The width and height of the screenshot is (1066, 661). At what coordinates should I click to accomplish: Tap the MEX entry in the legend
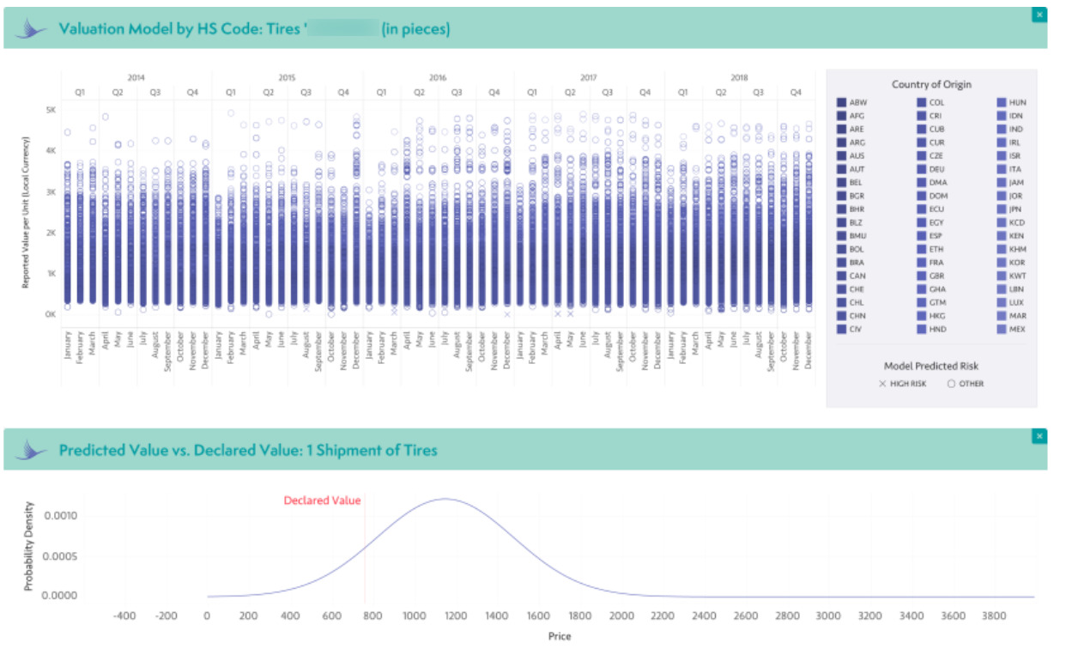[x=1017, y=330]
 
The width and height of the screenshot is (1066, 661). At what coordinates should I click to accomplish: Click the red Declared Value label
[x=322, y=500]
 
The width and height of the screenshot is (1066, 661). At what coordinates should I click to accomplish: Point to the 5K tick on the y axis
[x=51, y=111]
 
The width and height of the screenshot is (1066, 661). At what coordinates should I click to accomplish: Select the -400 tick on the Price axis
[x=124, y=616]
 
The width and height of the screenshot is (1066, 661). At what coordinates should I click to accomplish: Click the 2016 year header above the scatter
[x=438, y=77]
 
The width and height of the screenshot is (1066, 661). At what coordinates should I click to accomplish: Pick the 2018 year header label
[x=739, y=77]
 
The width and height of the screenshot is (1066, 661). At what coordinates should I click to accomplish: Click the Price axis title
[x=560, y=636]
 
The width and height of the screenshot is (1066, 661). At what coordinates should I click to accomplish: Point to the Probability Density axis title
[x=28, y=547]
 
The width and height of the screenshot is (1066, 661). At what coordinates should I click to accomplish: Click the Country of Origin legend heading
[x=931, y=84]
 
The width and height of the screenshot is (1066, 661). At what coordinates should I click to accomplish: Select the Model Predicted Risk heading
[x=931, y=366]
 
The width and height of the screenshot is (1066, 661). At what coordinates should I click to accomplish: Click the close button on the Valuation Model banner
[x=1040, y=15]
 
